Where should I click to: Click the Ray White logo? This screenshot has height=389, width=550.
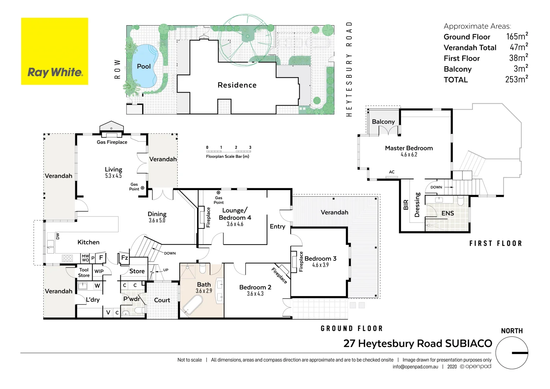[x=55, y=52]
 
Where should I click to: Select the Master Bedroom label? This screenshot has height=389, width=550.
[x=409, y=148]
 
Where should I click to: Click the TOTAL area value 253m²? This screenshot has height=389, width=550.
[x=517, y=80]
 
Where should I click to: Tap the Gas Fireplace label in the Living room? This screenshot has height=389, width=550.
[x=112, y=142]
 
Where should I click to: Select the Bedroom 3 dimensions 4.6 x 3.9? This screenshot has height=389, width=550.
[x=320, y=265]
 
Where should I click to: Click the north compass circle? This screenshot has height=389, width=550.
[x=512, y=353]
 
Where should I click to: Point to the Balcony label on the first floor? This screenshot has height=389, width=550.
[x=383, y=122]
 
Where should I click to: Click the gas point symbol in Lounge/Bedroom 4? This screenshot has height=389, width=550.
[x=218, y=193]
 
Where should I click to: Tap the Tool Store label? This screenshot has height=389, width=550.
[x=84, y=273]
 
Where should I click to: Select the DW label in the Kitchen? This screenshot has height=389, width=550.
[x=58, y=236]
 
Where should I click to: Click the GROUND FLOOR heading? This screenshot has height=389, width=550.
[x=352, y=328]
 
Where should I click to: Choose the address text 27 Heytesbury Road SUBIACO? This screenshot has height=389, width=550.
[x=418, y=344]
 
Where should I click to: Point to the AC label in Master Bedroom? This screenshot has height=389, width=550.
[x=392, y=172]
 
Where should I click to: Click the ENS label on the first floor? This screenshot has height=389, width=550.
[x=448, y=214]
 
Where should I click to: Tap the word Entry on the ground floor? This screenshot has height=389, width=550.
[x=277, y=227]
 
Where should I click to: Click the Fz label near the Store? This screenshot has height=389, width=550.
[x=125, y=258]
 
